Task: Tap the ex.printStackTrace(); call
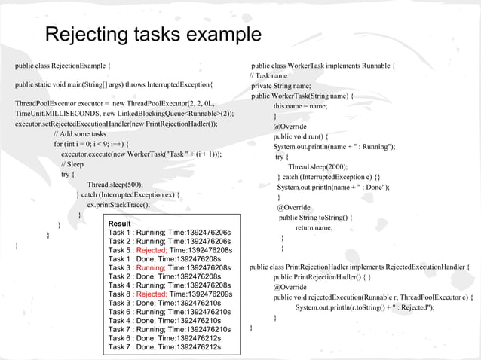coord(118,204)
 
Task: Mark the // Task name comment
coord(270,76)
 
